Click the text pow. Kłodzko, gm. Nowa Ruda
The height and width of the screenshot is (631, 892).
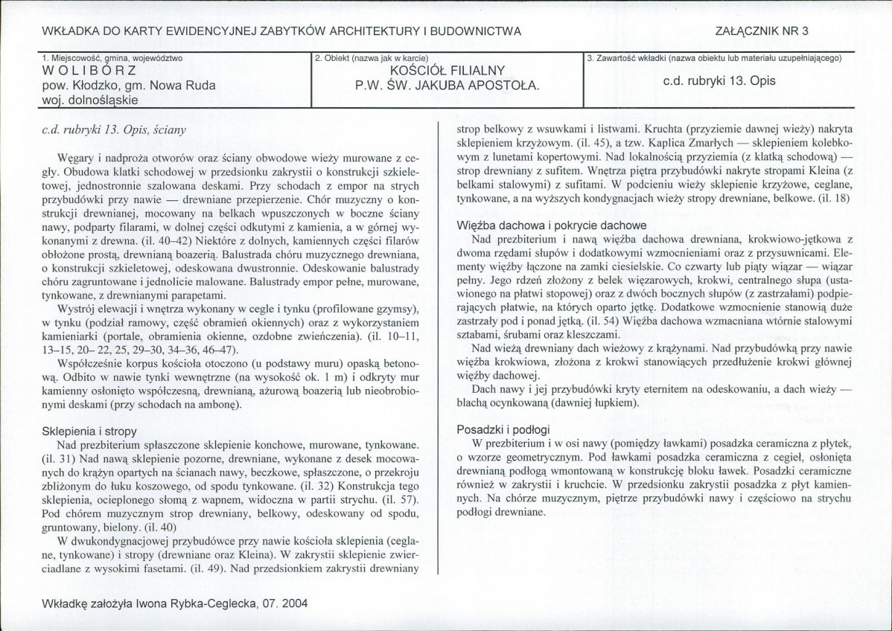point(129,86)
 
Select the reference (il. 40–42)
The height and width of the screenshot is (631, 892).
point(166,243)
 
